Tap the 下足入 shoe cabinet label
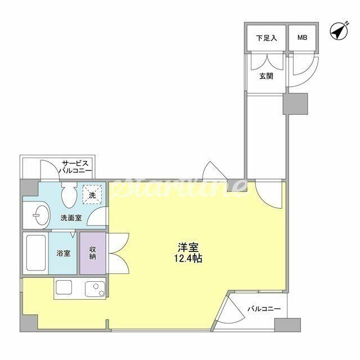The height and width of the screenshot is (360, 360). click(x=266, y=38)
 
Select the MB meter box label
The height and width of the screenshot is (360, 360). click(x=303, y=38)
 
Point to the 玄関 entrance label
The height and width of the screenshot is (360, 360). click(x=266, y=76)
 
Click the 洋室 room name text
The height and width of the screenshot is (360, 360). click(x=188, y=247)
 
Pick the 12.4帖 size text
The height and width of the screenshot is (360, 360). click(x=188, y=259)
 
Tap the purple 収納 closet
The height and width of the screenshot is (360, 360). click(x=93, y=253)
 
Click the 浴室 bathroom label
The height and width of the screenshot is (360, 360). click(x=64, y=253)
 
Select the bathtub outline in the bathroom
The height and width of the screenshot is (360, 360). click(x=36, y=253)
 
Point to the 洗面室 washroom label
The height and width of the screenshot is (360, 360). click(x=71, y=218)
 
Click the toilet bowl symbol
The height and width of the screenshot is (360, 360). click(x=69, y=195)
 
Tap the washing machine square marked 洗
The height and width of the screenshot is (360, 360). click(x=92, y=194)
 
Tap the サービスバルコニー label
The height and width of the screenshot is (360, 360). click(x=75, y=167)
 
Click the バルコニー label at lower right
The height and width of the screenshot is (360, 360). click(x=264, y=309)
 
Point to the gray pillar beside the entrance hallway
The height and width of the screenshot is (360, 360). click(x=295, y=103)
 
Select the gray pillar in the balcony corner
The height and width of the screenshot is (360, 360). click(x=287, y=325)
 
